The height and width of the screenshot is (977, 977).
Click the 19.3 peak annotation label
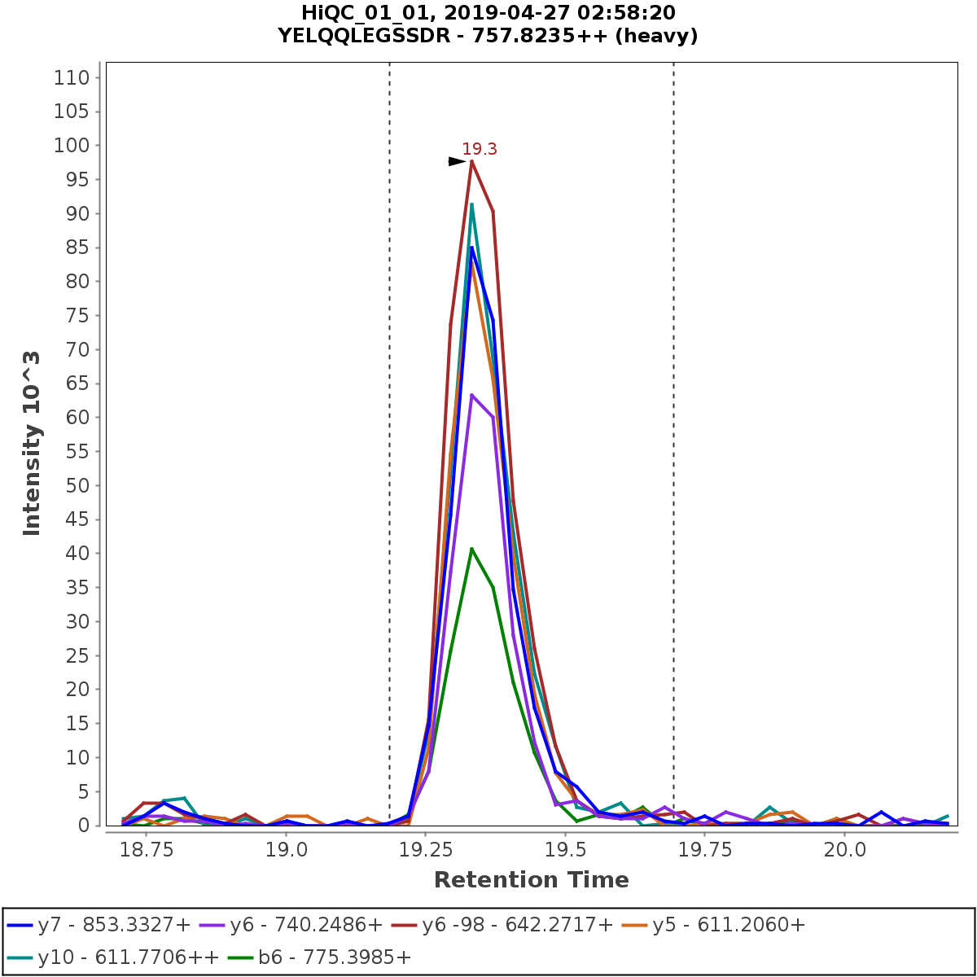point(480,149)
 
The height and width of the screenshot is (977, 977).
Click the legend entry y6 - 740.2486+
point(306,925)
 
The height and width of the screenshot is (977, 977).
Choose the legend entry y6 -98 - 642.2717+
point(515,925)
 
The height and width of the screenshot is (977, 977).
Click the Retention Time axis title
point(531,880)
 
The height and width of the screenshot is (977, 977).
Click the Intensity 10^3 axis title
point(32,443)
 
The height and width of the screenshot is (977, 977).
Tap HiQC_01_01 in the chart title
point(362,13)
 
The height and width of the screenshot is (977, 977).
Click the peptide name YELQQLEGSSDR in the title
point(369,36)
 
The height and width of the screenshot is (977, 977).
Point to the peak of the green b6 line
point(471,549)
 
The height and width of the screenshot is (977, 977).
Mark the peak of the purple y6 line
point(471,395)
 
